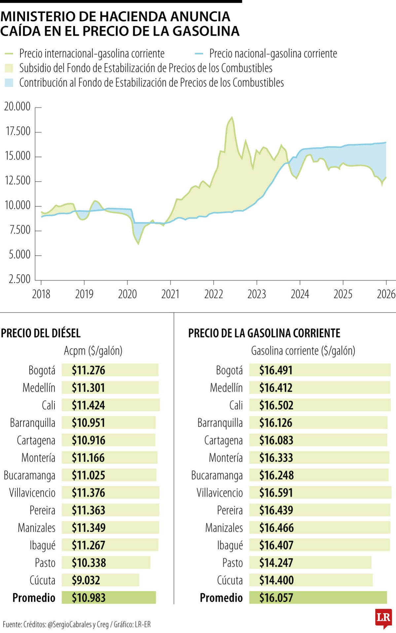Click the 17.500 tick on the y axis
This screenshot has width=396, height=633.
pos(18,132)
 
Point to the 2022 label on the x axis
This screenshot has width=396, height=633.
pos(213,294)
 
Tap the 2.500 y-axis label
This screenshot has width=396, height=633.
pos(19,279)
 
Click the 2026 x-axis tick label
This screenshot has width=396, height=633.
pos(386,294)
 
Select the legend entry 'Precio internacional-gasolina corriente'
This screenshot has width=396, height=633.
pos(91,53)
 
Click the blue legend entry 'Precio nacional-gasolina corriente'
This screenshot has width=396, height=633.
pos(273,53)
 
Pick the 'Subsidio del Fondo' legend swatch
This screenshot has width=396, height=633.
pos(9,68)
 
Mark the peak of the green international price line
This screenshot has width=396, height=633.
pos(232,117)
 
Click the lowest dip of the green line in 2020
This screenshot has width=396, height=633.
pos(138,244)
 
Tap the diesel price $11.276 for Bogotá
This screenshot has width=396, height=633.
pos(89,370)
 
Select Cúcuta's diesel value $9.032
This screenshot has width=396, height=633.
pos(86,580)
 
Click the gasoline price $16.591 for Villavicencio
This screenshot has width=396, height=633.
pos(276,493)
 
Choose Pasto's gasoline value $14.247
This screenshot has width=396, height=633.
pos(276,563)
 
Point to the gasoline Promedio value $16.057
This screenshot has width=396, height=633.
pos(276,598)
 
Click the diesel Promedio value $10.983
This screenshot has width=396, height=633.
pos(89,598)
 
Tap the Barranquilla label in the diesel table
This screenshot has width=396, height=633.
pos(32,423)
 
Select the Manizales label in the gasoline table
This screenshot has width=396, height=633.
pos(224,528)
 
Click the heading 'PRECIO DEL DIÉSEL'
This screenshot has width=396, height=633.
pos(41,333)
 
